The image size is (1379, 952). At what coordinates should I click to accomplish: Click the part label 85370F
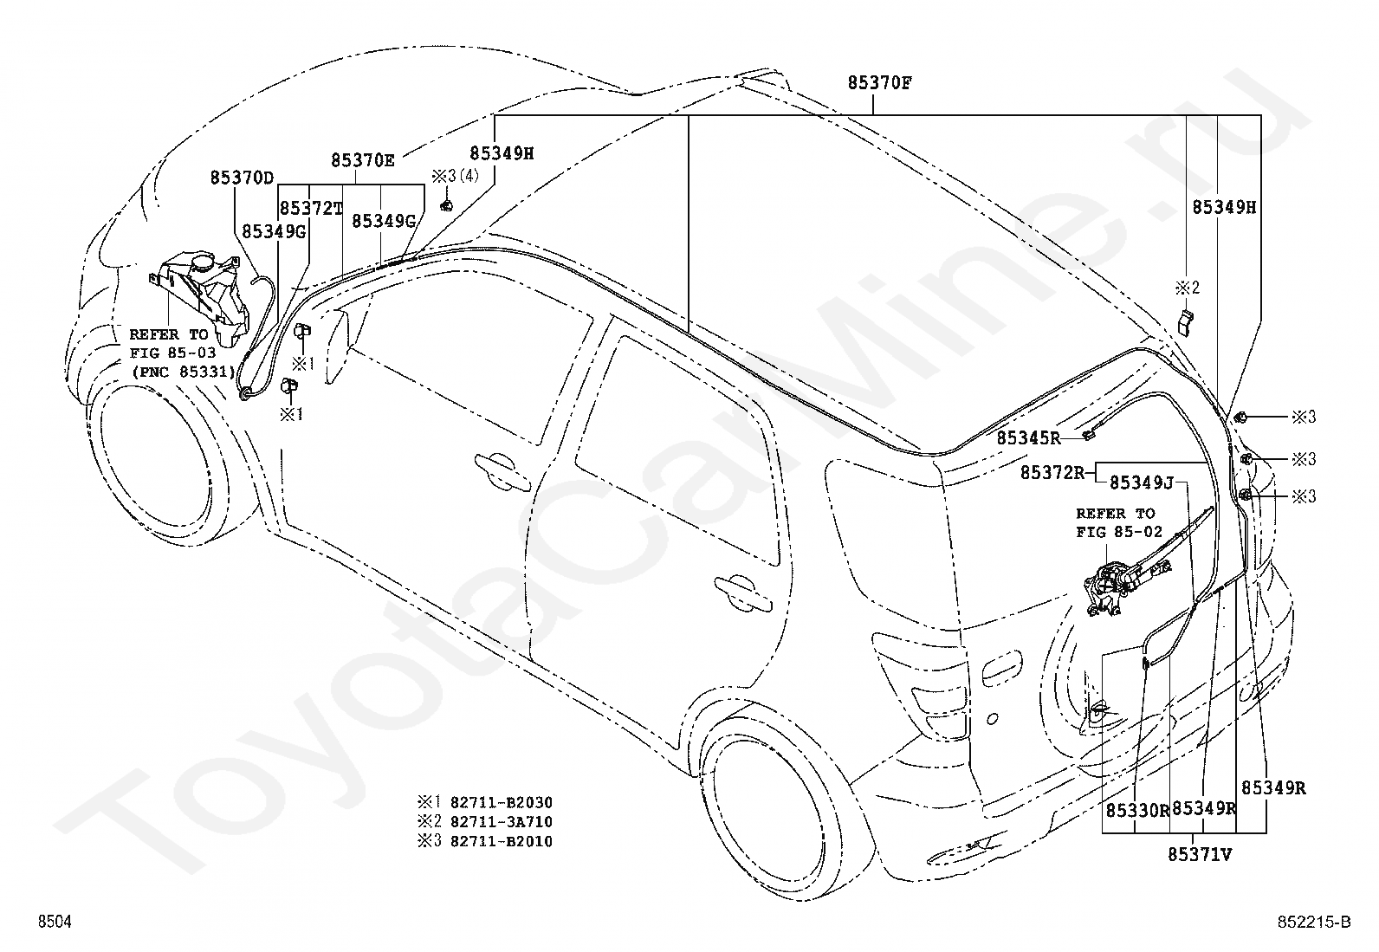coord(879,83)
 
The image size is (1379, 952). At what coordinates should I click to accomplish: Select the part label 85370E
coord(363,161)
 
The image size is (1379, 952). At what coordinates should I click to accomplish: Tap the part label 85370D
coord(242,178)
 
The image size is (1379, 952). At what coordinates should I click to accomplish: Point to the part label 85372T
coord(311,209)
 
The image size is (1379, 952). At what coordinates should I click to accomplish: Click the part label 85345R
coord(1029,437)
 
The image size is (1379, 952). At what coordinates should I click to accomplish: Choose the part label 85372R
coord(1052,472)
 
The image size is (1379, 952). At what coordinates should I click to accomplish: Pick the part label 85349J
coord(1142,482)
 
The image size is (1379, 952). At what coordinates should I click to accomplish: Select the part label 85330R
coord(1137,811)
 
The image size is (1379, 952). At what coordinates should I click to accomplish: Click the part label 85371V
coord(1200,855)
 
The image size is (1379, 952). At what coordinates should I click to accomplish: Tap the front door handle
coord(503,472)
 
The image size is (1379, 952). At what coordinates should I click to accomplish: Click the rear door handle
coord(743,593)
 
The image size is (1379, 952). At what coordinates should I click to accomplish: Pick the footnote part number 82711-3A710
coord(502,821)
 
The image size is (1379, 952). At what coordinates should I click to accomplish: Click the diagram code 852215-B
coord(1314,922)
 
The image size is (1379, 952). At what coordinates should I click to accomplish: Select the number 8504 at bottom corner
coord(55,922)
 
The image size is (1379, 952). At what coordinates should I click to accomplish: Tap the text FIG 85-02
coord(1118,531)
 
